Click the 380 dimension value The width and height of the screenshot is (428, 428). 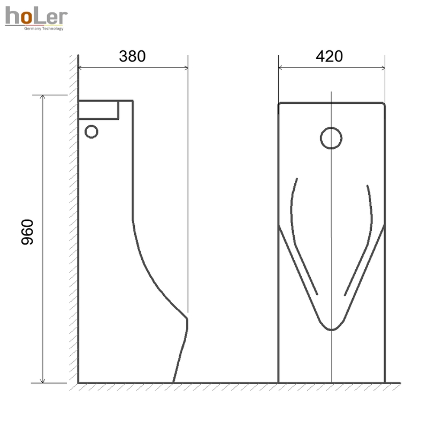[132, 56]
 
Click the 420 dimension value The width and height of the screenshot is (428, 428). [329, 56]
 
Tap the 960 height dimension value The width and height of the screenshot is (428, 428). [27, 232]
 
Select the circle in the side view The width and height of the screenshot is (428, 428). [91, 132]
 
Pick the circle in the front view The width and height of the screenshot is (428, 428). [331, 138]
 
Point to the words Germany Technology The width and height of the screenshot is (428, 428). [44, 28]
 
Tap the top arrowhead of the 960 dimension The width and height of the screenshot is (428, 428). [42, 97]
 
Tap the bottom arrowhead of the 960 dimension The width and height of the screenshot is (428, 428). [42, 381]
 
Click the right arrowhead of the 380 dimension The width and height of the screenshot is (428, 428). [186, 68]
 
